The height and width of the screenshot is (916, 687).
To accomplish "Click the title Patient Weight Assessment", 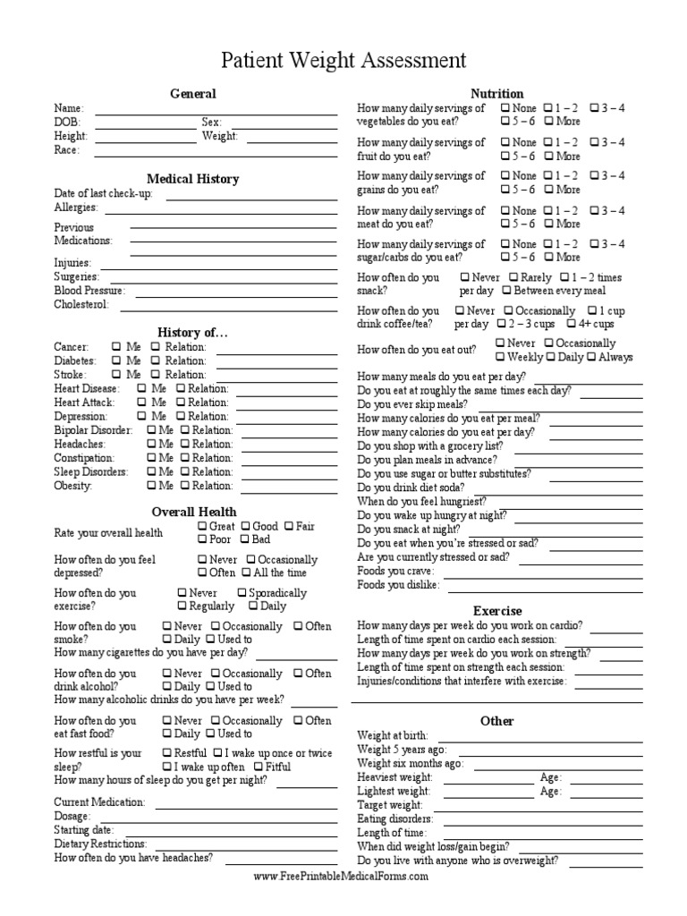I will (343, 61).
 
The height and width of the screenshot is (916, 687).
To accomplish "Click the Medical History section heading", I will (192, 179).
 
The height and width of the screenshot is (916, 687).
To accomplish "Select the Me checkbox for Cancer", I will (117, 347).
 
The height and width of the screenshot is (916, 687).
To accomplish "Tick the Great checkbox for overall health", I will (203, 527).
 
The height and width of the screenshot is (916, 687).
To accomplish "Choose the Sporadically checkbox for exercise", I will (242, 593).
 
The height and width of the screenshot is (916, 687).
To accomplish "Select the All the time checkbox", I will (246, 573).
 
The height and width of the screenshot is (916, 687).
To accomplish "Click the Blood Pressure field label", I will (89, 292).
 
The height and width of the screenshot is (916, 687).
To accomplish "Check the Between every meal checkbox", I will (507, 292).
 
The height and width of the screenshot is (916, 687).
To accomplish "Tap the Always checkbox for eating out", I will (591, 358).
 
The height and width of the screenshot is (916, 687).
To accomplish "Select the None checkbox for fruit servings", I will (505, 142).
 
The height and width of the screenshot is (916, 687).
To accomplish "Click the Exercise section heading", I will (497, 611).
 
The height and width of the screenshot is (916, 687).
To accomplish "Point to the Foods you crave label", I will (395, 571).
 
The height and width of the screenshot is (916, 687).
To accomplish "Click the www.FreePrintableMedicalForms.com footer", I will (341, 877).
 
